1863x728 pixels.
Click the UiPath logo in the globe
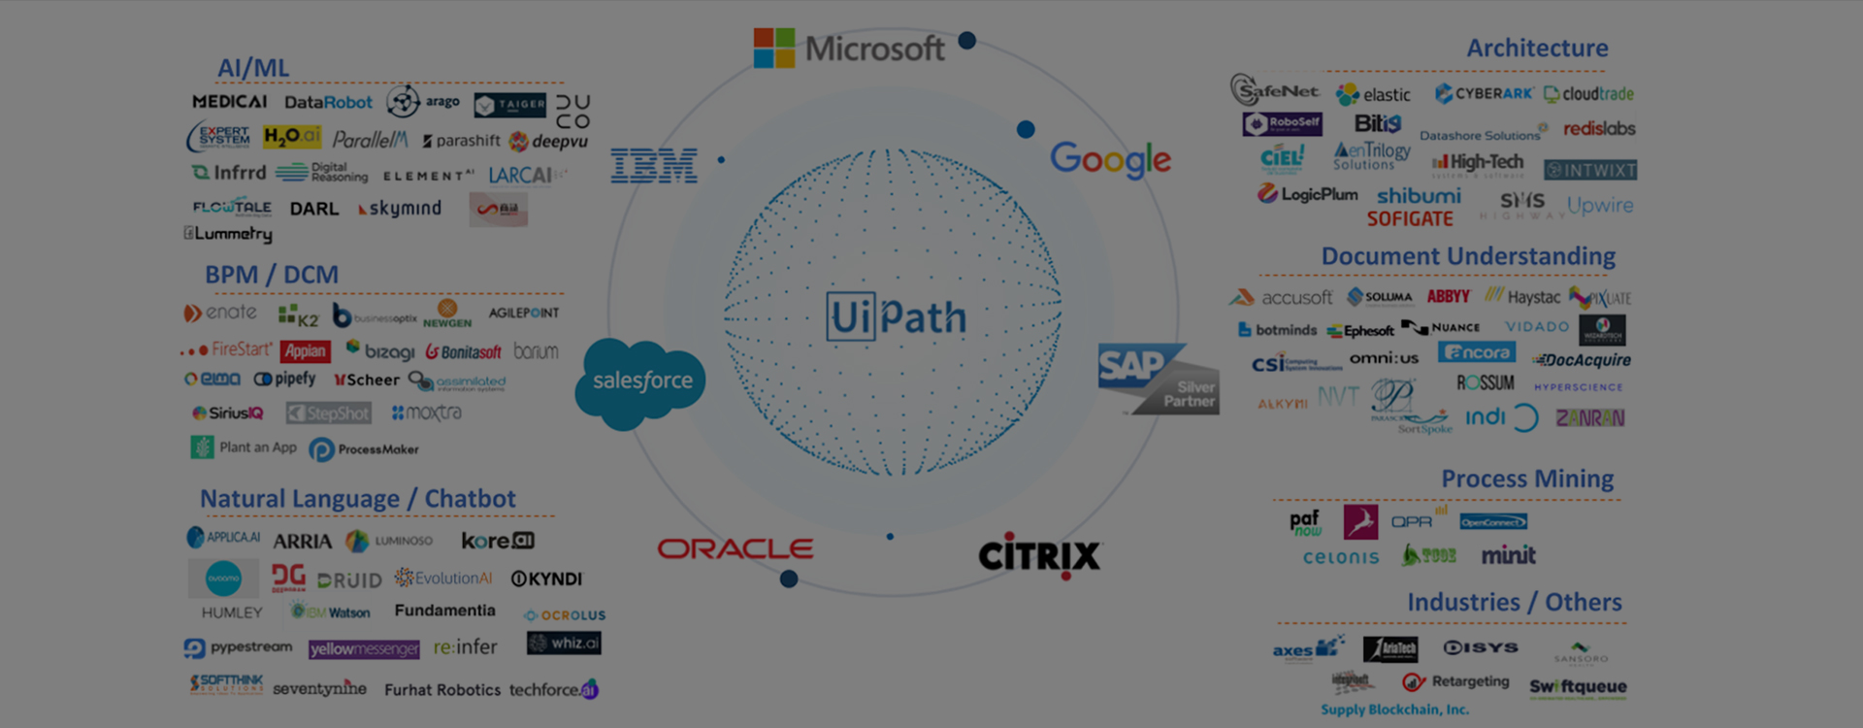[897, 316]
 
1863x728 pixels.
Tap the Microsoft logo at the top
[849, 49]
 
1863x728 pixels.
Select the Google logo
[1110, 159]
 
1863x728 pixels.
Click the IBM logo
[654, 166]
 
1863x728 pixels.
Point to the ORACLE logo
[735, 549]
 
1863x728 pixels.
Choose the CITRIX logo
[1039, 555]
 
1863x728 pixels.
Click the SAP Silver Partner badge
[1159, 379]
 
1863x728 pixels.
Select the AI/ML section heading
[253, 68]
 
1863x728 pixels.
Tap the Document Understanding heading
[1467, 256]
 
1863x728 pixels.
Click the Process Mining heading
[1527, 479]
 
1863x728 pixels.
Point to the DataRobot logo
[328, 102]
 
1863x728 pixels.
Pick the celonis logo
[1341, 557]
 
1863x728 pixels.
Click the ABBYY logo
[1448, 297]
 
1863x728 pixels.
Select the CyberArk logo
[1484, 93]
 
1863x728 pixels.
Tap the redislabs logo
[1599, 128]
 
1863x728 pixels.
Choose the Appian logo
[305, 351]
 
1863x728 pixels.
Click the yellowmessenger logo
[364, 648]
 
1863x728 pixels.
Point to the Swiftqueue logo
[1578, 687]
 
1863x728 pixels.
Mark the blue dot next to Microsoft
[966, 41]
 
